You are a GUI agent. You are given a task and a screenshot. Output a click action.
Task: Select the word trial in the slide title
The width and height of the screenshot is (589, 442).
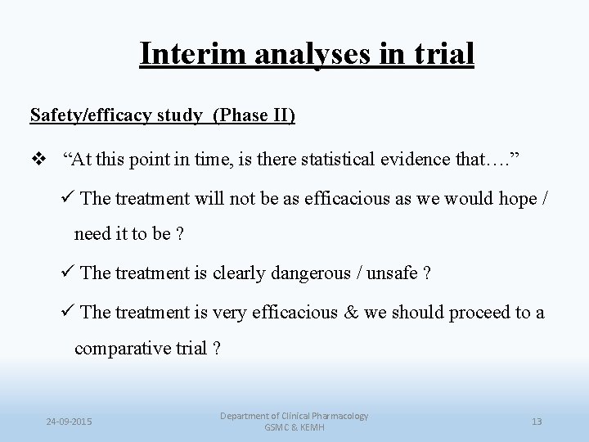coord(443,53)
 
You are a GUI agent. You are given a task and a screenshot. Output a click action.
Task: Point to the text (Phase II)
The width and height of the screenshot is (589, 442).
coord(254,115)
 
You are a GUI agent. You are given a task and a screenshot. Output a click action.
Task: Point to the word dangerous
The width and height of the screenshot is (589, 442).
coord(296,273)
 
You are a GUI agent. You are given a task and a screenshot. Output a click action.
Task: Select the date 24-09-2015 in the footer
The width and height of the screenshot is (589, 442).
coord(69,422)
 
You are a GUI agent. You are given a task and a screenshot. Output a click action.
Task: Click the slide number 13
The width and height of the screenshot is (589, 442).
coord(537,422)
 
